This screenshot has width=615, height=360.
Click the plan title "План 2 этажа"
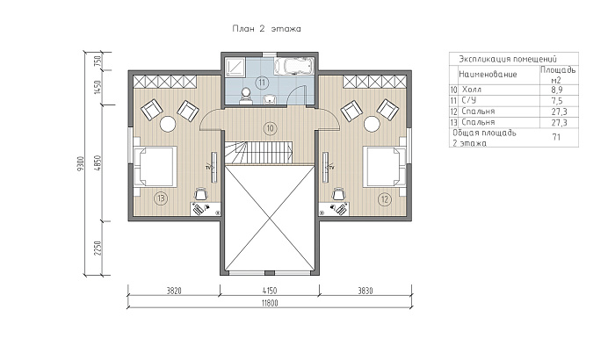tap(267, 29)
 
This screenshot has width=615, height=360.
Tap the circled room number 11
tap(262, 83)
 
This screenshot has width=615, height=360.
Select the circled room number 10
tap(270, 128)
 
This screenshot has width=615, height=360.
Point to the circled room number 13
tap(161, 198)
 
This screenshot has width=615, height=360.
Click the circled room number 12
tap(385, 199)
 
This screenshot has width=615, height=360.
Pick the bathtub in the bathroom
tap(293, 66)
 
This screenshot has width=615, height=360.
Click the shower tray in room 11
tap(235, 66)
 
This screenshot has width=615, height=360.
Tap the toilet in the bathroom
tap(246, 97)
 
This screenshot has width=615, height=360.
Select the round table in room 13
tap(168, 124)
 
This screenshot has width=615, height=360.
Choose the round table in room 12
tap(372, 124)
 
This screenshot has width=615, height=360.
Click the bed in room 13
tap(155, 166)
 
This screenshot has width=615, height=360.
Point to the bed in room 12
tap(385, 166)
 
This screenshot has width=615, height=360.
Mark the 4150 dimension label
tap(269, 291)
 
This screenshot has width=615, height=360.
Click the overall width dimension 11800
tap(270, 303)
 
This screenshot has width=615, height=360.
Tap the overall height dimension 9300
tap(81, 163)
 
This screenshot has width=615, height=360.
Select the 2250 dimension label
tap(98, 248)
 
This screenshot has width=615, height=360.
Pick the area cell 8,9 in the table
tap(557, 90)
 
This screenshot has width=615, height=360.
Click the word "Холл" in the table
tap(472, 90)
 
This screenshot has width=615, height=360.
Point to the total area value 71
tap(556, 137)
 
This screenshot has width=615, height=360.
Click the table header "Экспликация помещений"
tap(508, 59)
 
